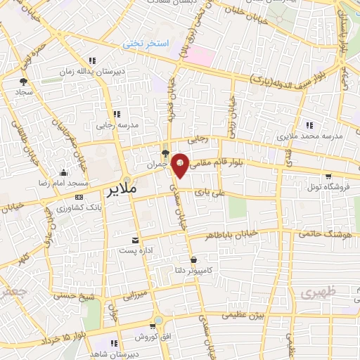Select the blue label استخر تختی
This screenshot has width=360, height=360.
(147, 44)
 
